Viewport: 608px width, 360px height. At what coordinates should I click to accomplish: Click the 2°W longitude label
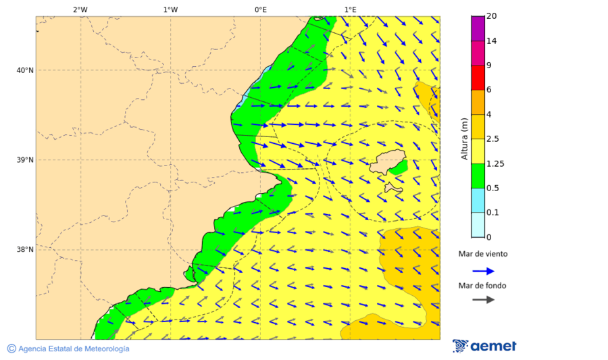point(80,9)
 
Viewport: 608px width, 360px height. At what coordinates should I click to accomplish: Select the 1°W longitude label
point(170,9)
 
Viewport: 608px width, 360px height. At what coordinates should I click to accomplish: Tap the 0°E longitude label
point(260,9)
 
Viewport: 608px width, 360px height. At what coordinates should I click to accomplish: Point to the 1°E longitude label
point(350,9)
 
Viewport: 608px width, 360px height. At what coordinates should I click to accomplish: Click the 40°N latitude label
point(25,70)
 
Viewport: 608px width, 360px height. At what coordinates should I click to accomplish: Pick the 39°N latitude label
point(25,160)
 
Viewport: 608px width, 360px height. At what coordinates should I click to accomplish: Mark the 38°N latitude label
point(25,250)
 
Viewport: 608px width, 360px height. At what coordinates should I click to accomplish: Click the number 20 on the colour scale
point(492,16)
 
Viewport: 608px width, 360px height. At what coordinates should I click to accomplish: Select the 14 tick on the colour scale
point(492,41)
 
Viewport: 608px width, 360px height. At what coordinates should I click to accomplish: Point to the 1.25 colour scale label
point(495,163)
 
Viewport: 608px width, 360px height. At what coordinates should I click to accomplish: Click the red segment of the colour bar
point(478,78)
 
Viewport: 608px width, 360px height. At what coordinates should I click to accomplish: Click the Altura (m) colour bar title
point(464,138)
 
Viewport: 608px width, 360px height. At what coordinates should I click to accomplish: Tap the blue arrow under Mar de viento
point(483,271)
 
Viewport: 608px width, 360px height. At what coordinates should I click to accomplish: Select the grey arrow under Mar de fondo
point(483,300)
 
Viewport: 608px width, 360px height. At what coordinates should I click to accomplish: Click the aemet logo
point(484,346)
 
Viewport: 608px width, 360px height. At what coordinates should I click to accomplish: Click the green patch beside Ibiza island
point(399,167)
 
